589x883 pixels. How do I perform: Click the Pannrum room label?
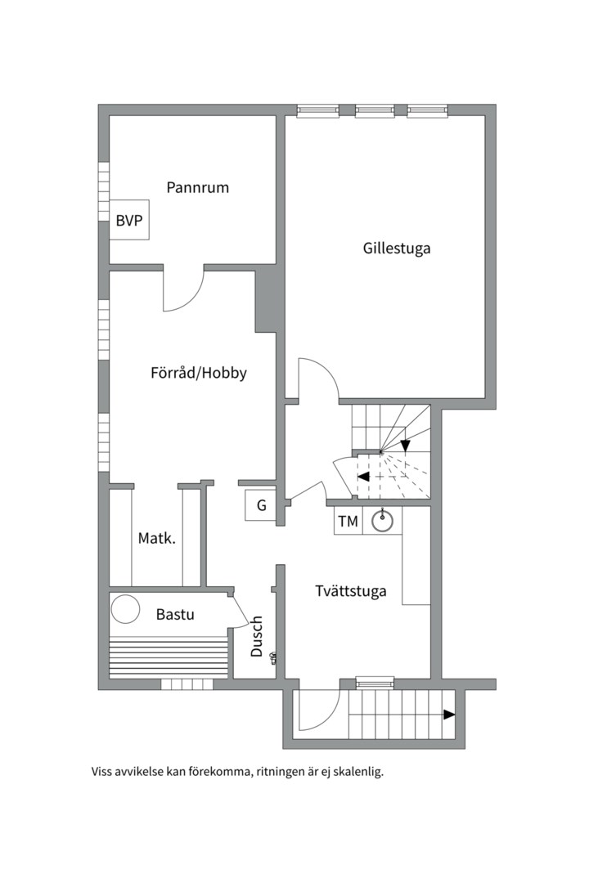(197, 187)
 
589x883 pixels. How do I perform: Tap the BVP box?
(129, 220)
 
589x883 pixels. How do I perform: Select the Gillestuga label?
(397, 248)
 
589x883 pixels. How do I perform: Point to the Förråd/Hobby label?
(199, 373)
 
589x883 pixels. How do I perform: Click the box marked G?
(262, 505)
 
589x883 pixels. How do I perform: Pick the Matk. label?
(156, 538)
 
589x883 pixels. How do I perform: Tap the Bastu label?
(175, 613)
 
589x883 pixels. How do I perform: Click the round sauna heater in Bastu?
(126, 609)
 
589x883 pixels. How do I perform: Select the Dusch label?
(257, 636)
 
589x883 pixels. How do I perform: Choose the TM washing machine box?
(348, 521)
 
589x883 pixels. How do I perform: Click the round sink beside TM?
(382, 521)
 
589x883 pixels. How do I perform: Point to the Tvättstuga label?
(351, 591)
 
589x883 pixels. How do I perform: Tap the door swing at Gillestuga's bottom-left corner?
(317, 379)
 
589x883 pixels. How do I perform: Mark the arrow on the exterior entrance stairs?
(448, 715)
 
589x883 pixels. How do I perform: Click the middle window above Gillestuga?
(375, 110)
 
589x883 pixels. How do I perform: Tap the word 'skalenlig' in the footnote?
(355, 771)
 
